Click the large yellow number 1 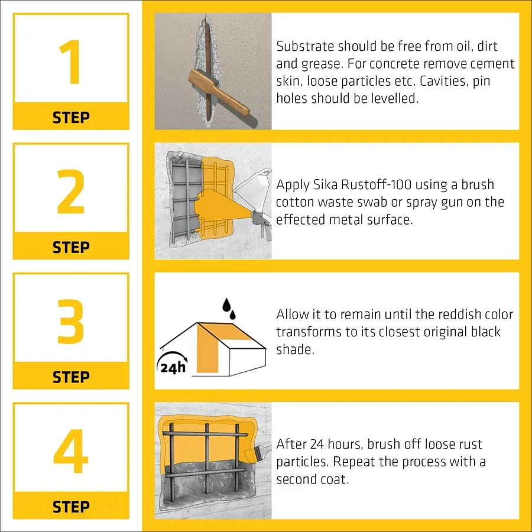tap(71, 61)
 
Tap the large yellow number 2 tap(71, 192)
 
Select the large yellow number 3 tap(70, 322)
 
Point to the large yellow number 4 tap(71, 451)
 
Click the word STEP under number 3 tap(71, 377)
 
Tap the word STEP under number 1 tap(71, 118)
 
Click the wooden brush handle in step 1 tap(219, 92)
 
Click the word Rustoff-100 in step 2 tap(377, 184)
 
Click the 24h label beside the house tap(173, 368)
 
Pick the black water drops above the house tap(229, 309)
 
